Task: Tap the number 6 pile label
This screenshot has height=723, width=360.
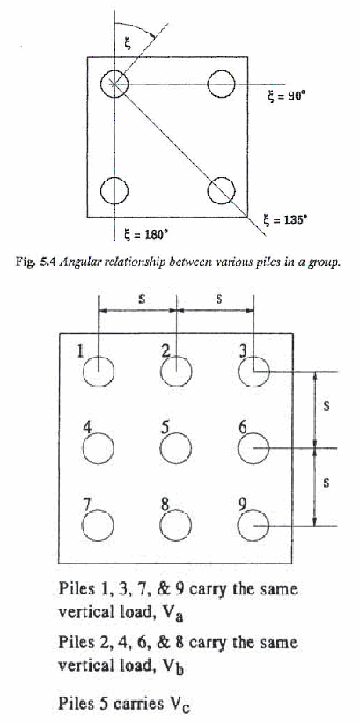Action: (x=242, y=428)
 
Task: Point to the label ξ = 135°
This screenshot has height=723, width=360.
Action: (x=285, y=219)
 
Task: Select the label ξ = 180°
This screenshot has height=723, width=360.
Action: (x=143, y=234)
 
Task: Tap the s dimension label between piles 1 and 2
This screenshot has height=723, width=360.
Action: (x=142, y=299)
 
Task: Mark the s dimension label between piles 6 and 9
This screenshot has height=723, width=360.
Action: (x=327, y=483)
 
